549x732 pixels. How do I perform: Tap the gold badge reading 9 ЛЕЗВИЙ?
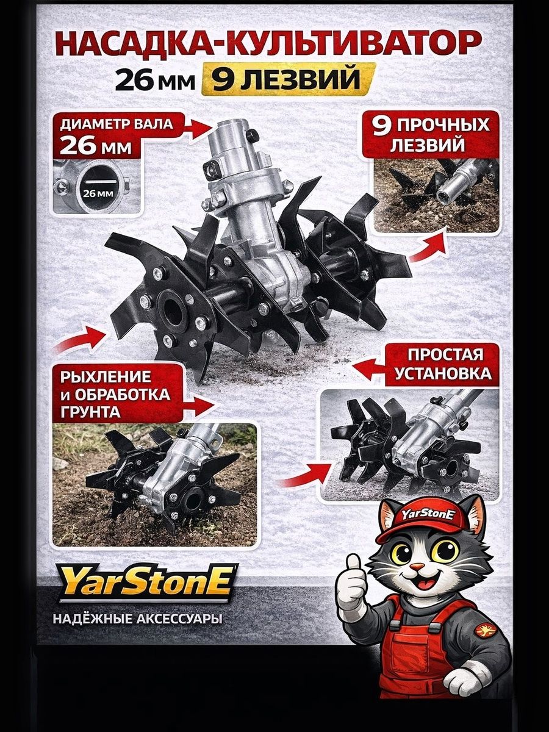(x=287, y=80)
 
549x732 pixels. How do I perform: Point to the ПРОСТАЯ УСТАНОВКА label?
(x=443, y=365)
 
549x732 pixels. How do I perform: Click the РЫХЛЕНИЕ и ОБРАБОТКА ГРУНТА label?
(x=117, y=395)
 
